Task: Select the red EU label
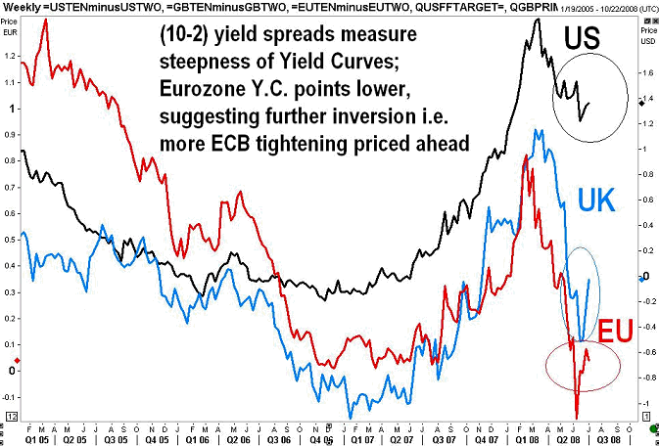click(x=620, y=329)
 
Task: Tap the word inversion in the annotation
click(x=358, y=118)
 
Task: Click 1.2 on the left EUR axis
click(x=12, y=56)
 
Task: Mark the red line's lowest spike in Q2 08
click(x=578, y=416)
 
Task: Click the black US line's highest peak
click(x=538, y=20)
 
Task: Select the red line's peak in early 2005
click(x=46, y=21)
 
